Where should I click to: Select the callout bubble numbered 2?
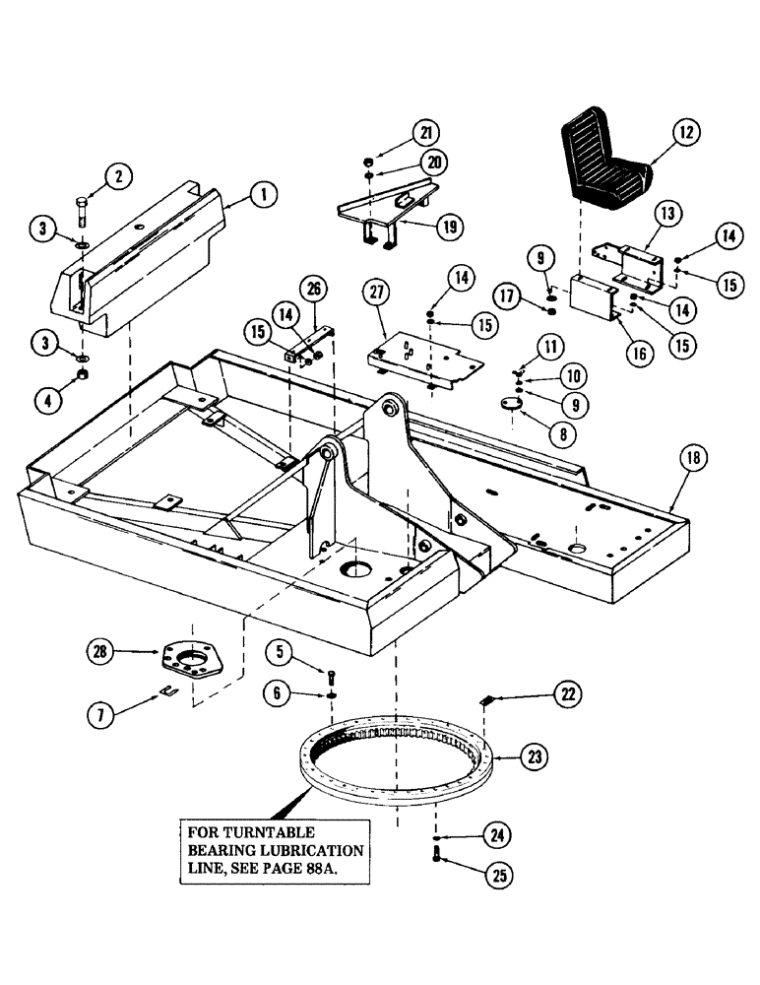(118, 176)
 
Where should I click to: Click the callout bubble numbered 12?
(685, 131)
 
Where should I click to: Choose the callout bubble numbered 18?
(695, 456)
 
